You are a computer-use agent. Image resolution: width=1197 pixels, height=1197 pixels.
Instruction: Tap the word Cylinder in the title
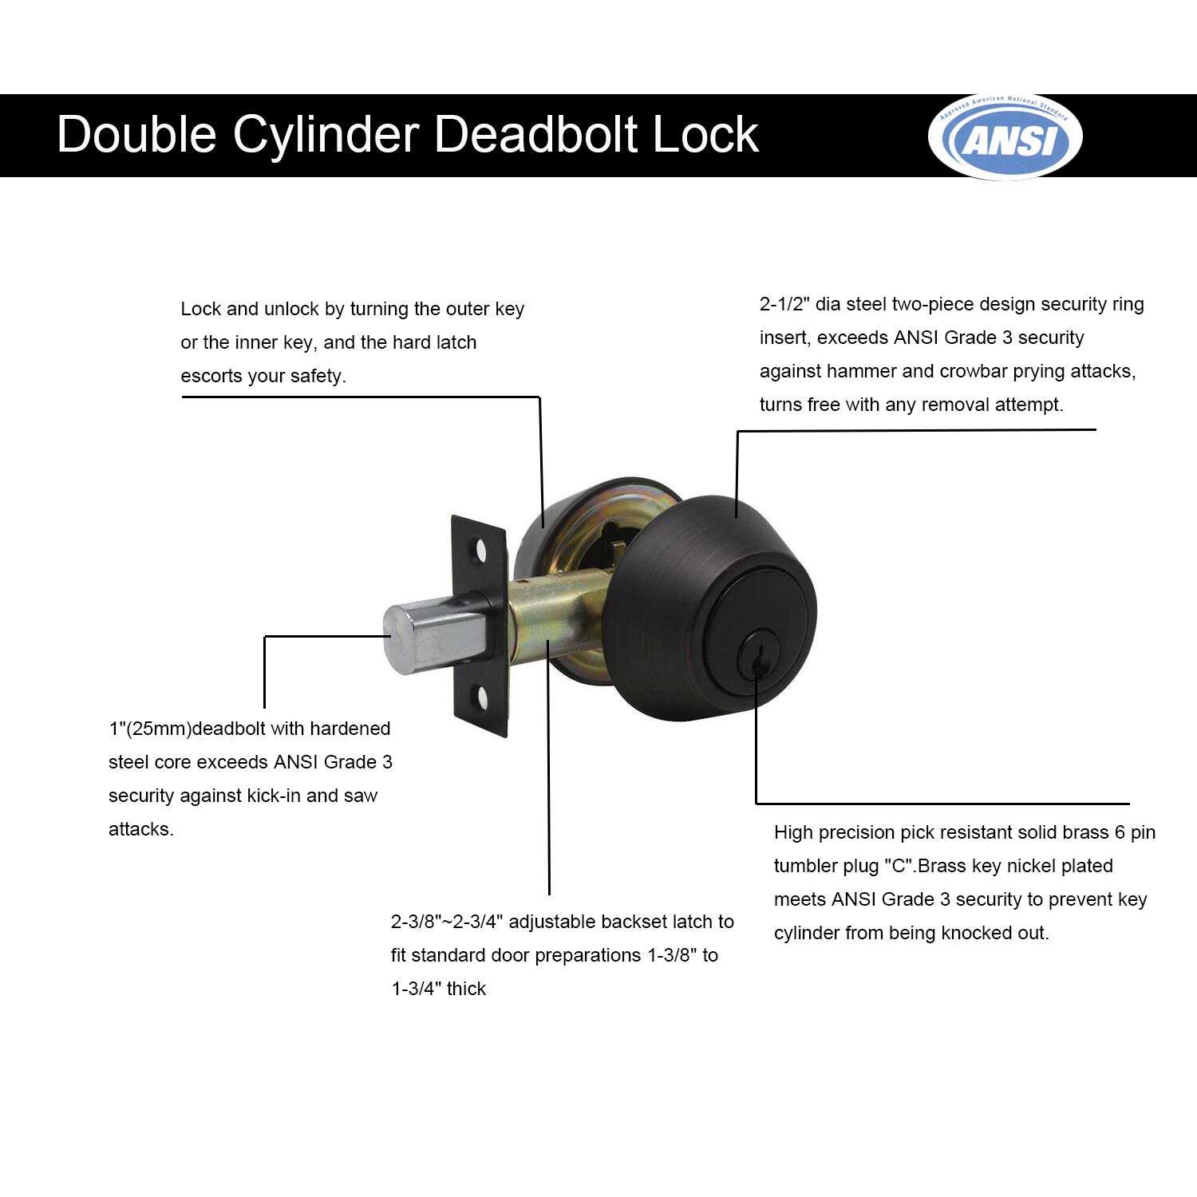(x=326, y=134)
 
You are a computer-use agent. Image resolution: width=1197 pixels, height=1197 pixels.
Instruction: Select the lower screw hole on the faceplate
(x=483, y=698)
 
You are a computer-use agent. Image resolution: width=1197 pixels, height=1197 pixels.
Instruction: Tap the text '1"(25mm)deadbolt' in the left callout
(x=188, y=729)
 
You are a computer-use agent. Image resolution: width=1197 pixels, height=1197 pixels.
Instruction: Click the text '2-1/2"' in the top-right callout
(x=785, y=304)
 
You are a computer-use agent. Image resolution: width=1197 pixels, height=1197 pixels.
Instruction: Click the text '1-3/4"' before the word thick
(x=416, y=990)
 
